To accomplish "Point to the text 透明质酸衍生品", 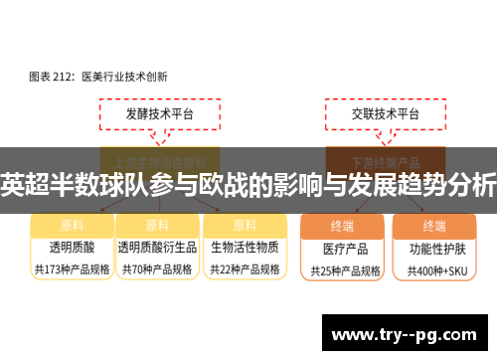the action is coord(156,247).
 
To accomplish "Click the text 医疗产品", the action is coord(345,248).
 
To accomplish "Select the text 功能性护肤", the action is coord(432,248).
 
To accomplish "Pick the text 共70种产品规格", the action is coord(156,268).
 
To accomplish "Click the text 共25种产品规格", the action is coord(345,269).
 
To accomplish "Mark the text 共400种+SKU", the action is coord(432,269).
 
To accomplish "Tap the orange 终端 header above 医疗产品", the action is coord(346,225).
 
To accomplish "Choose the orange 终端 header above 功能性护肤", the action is coord(433,225).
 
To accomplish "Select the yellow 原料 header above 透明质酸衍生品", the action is coord(157,224).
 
